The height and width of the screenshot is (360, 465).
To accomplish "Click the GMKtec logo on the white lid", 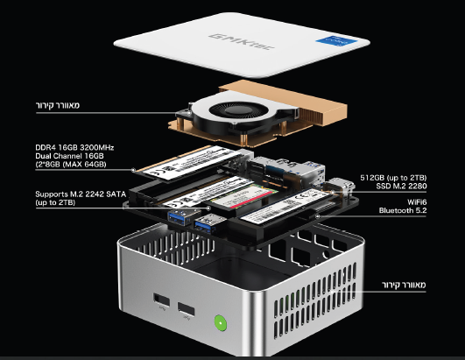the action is tap(241, 42).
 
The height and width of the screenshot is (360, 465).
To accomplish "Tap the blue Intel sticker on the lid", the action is tap(337, 41).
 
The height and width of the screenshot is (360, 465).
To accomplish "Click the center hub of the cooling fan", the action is tap(236, 110).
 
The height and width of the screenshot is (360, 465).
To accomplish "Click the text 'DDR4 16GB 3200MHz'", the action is tap(74, 148).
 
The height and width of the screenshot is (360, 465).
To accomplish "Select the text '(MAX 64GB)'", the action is tap(85, 165).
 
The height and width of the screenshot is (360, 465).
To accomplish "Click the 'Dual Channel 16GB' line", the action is tap(69, 156).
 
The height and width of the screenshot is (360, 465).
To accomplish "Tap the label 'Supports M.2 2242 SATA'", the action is tap(81, 194).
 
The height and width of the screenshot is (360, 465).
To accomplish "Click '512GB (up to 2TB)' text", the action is tap(393, 178).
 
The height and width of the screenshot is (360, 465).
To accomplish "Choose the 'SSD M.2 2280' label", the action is tap(401, 187).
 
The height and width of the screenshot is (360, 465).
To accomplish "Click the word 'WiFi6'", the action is tap(417, 202).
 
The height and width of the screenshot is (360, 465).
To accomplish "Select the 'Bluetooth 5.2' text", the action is tap(403, 210).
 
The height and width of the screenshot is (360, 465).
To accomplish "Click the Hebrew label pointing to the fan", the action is tap(58, 105).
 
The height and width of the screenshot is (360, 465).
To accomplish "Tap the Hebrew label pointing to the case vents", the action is tap(404, 285).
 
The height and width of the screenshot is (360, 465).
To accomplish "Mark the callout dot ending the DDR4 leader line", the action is tap(133, 170).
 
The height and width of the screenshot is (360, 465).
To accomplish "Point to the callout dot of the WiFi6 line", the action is tap(318, 216).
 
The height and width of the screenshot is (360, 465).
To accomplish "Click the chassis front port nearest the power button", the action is tap(187, 309).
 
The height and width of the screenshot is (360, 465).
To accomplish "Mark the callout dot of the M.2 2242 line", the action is tap(208, 208).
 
